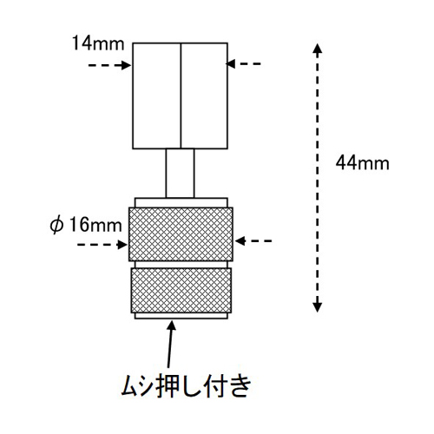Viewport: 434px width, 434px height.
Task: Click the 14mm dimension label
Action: [x=98, y=43]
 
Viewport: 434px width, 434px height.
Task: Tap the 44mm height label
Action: [x=362, y=163]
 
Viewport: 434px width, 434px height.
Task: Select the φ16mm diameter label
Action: [x=86, y=225]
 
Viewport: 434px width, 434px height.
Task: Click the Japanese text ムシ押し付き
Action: [x=186, y=386]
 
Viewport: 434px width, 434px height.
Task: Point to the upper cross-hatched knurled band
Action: [x=181, y=234]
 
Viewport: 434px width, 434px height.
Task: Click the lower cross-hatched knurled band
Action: [x=181, y=290]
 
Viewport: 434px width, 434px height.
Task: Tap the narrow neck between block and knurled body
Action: [x=180, y=173]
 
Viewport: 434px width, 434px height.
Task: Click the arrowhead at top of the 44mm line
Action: [x=318, y=48]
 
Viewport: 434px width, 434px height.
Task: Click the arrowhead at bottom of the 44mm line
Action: [x=318, y=307]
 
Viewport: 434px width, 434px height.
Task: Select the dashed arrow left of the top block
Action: [x=109, y=65]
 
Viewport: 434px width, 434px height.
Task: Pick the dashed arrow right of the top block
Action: [x=243, y=63]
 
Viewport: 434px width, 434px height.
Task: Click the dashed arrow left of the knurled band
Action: [x=102, y=245]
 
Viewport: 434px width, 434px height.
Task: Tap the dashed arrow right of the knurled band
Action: [x=253, y=240]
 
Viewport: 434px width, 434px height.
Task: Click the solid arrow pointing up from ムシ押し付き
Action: [x=170, y=345]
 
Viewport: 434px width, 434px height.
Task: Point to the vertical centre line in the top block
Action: [x=181, y=95]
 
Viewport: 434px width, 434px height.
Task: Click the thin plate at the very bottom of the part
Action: [x=181, y=316]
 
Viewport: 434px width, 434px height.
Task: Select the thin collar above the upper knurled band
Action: [x=181, y=202]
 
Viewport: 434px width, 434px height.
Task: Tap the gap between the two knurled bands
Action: [x=181, y=265]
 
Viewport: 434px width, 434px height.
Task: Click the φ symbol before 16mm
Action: [x=56, y=226]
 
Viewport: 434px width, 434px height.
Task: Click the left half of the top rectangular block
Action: [x=156, y=95]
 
